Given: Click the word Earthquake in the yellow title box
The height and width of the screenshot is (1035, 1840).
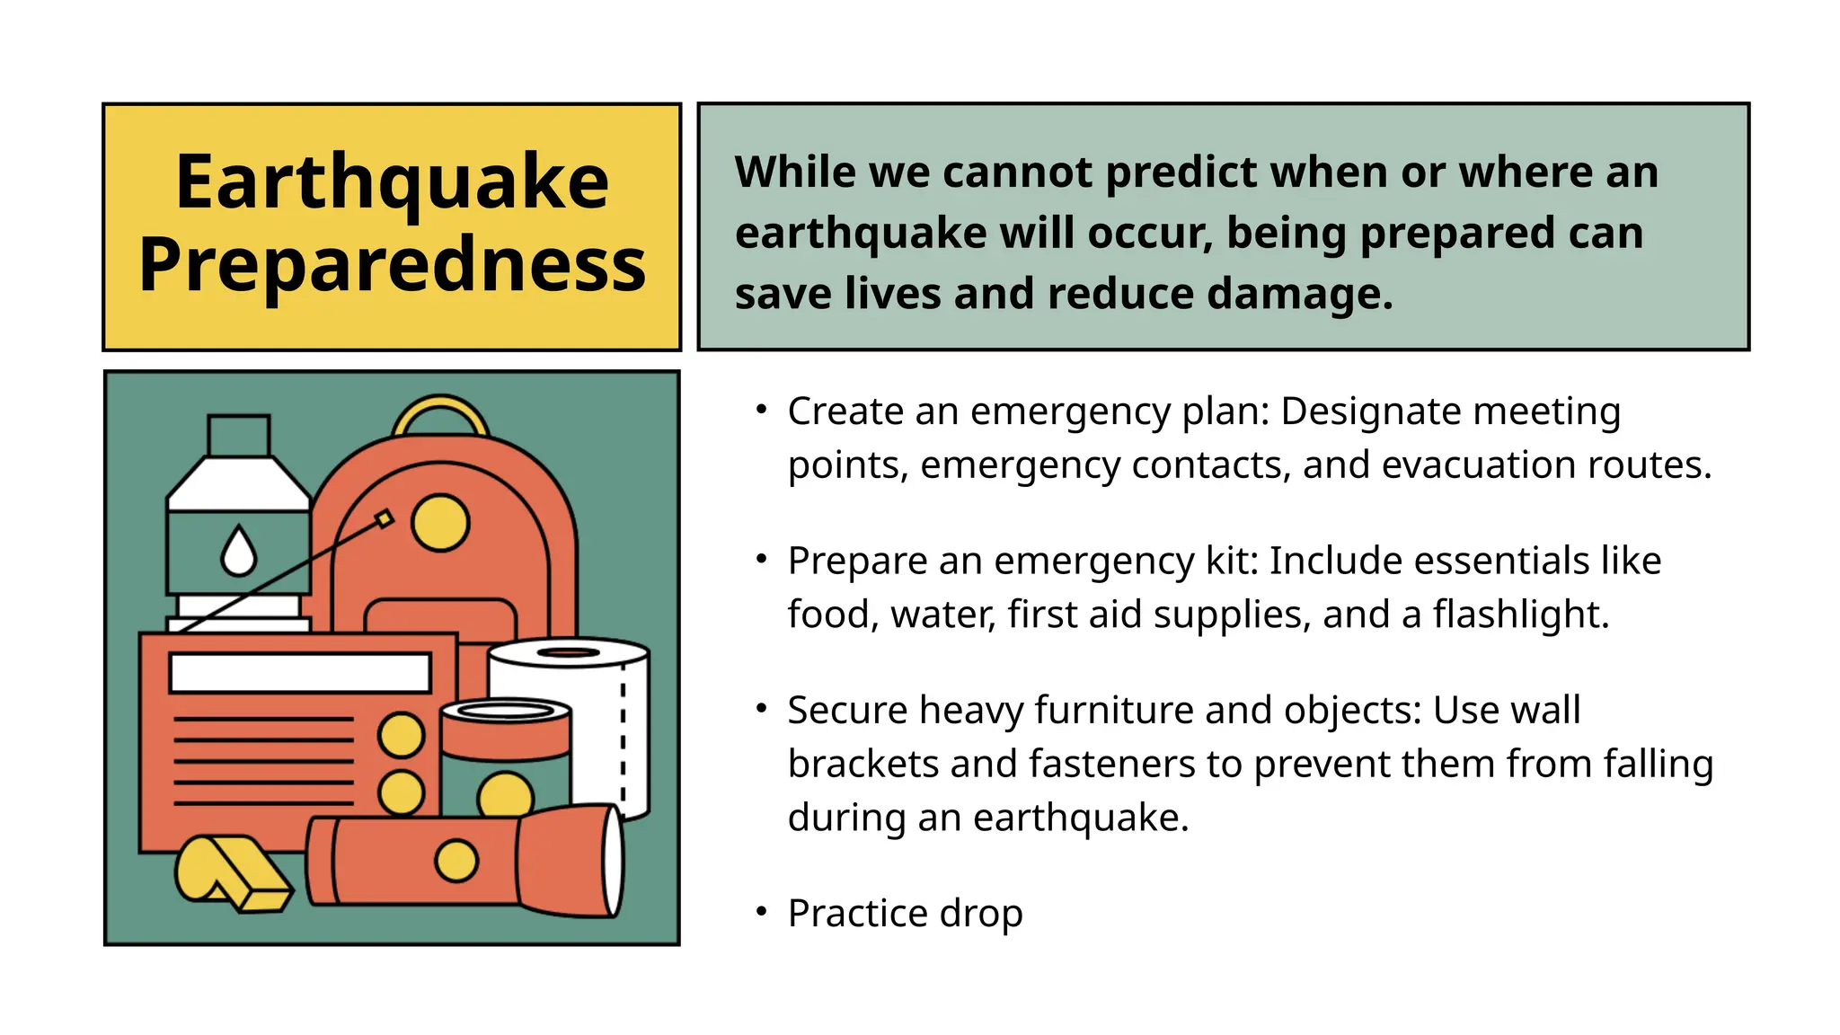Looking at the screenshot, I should [392, 182].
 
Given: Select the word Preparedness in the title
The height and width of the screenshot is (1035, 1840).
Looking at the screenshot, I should [392, 265].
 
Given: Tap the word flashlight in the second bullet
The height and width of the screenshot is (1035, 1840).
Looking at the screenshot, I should [1519, 615].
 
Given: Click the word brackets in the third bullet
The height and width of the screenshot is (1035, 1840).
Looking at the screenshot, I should [862, 765].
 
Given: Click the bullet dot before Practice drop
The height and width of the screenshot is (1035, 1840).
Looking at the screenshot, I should [761, 913].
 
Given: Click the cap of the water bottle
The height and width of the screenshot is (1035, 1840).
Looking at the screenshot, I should [239, 435].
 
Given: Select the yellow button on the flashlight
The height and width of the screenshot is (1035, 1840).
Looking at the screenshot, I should [456, 861].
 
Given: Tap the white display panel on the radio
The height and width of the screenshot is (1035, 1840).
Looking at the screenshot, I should [300, 673].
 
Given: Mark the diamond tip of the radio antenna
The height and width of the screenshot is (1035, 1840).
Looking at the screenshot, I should [385, 519].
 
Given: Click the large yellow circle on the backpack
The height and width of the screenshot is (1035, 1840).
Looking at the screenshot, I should [440, 522].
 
